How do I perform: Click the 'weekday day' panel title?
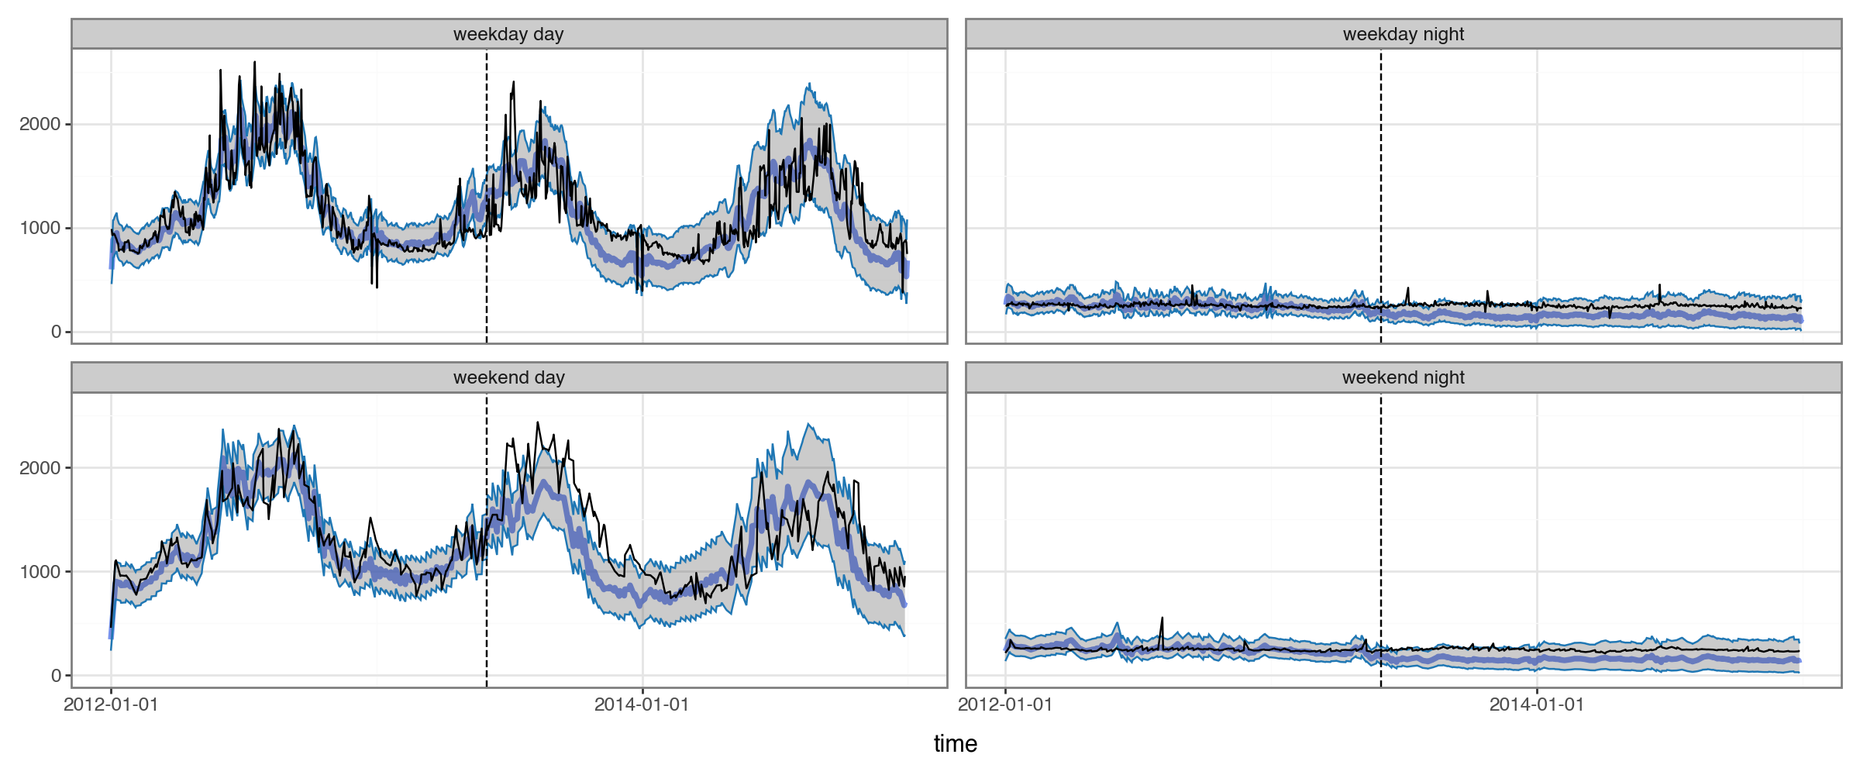click(508, 34)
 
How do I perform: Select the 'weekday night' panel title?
click(1403, 34)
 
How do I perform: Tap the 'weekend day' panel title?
click(508, 377)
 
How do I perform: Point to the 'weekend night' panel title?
click(1403, 377)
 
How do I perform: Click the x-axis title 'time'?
click(955, 744)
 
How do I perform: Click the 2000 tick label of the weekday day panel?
click(40, 124)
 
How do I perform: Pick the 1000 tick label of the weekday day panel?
click(40, 228)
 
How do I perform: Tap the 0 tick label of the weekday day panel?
click(56, 332)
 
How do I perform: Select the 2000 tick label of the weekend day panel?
click(40, 468)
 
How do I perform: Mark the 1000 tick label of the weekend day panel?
click(40, 572)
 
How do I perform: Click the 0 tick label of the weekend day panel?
click(56, 676)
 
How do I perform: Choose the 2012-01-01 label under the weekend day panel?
click(111, 704)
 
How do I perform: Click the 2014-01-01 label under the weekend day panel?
click(642, 704)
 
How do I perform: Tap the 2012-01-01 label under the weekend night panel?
click(1005, 704)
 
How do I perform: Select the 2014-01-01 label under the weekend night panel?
click(1537, 704)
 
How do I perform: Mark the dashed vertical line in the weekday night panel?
click(1381, 155)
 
